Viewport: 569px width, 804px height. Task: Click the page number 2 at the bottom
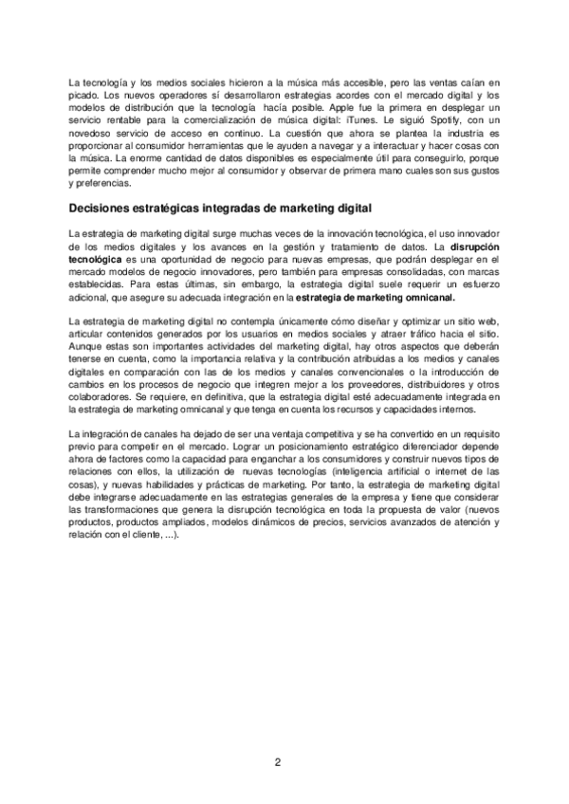pyautogui.click(x=278, y=761)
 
